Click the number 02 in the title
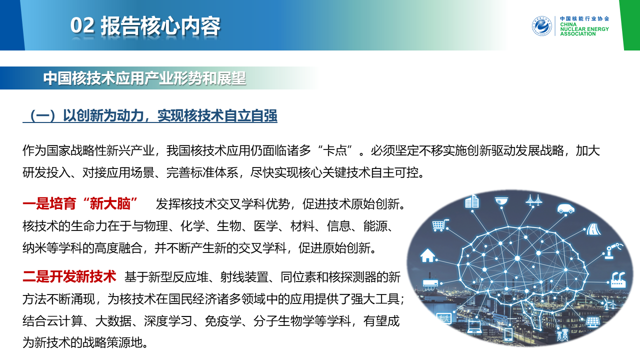coord(82,25)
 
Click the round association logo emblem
coord(541,26)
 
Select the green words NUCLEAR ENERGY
coord(584,29)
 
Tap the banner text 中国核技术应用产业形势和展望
coord(144,78)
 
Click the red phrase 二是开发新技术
coord(69,276)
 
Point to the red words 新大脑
coord(110,203)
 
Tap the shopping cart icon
coord(440,225)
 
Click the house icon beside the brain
coord(427,255)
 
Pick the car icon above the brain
coord(565,208)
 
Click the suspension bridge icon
coord(533,200)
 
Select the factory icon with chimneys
coord(618,279)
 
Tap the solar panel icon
coord(593,322)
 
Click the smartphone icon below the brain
coord(508,334)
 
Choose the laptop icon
coord(474,327)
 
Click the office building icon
coord(471,201)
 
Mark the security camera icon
coord(501,201)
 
